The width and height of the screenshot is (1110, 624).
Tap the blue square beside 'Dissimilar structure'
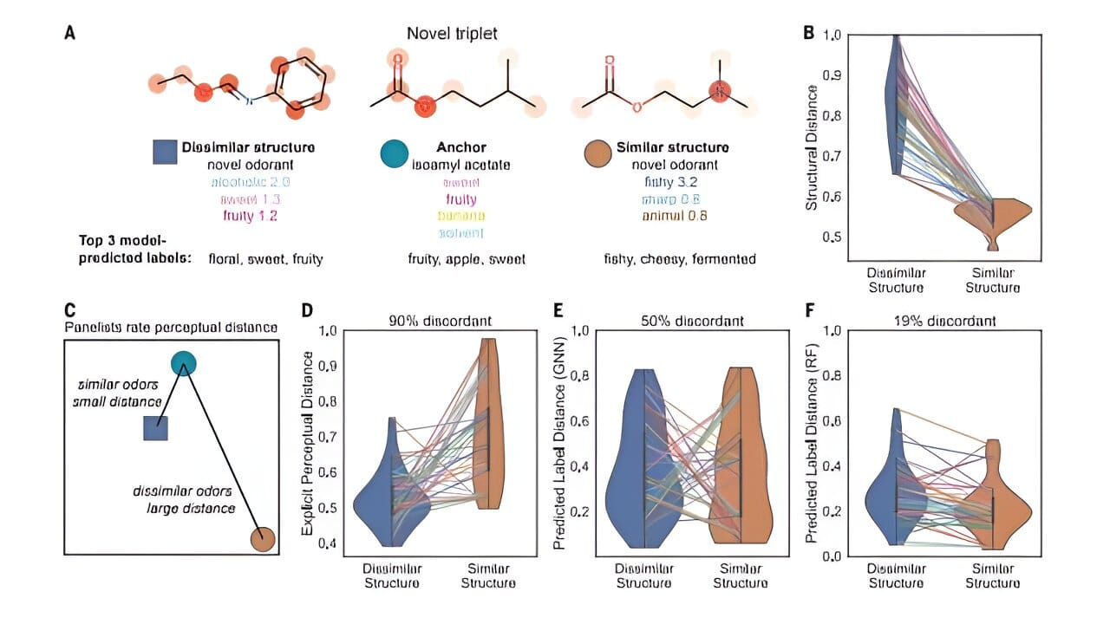[165, 151]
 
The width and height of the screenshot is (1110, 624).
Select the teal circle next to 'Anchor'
[395, 153]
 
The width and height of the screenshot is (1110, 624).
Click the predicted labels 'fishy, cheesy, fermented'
[680, 258]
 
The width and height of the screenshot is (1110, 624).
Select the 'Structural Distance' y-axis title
[813, 147]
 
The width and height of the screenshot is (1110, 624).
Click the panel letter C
[70, 309]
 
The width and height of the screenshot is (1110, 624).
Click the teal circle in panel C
[182, 362]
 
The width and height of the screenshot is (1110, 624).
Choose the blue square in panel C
[155, 428]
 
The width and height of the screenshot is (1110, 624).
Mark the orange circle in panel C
[263, 539]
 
